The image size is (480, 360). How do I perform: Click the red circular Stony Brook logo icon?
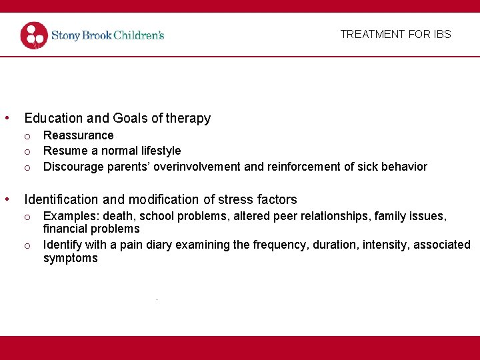[34, 35]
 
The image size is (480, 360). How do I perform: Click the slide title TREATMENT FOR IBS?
[395, 34]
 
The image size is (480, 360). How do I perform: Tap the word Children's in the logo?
[139, 35]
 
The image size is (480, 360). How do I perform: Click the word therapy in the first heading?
[188, 119]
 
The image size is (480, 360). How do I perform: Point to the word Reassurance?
[78, 135]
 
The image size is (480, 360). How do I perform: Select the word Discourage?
[74, 167]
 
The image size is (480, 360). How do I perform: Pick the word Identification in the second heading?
[60, 199]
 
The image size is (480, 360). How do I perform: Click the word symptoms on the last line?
[70, 258]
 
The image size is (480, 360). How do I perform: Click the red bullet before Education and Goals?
[7, 119]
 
